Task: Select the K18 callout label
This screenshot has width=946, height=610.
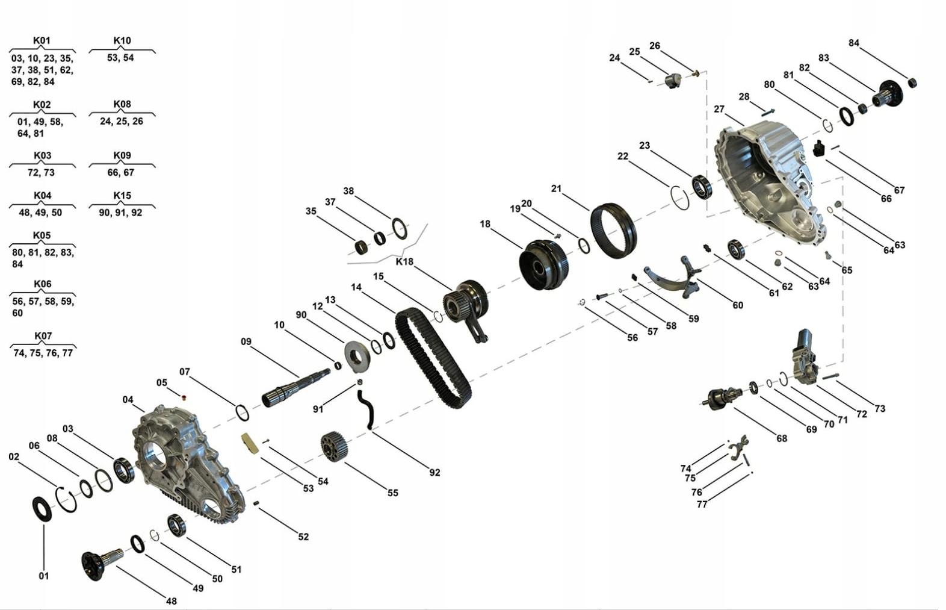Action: (404, 262)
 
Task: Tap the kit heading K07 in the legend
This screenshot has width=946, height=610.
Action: (43, 336)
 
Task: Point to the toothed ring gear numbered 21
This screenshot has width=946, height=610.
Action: (614, 230)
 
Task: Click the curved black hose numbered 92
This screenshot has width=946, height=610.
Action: (366, 409)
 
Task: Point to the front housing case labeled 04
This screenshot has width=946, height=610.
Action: (187, 464)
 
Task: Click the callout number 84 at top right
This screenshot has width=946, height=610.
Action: (854, 43)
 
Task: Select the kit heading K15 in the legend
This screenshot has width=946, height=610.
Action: (122, 196)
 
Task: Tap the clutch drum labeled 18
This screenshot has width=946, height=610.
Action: (543, 264)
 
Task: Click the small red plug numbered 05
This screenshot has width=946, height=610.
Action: (184, 397)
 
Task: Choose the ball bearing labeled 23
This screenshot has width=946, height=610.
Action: (701, 186)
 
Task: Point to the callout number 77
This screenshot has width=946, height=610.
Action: (702, 505)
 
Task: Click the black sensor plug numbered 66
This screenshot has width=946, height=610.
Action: (818, 148)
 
